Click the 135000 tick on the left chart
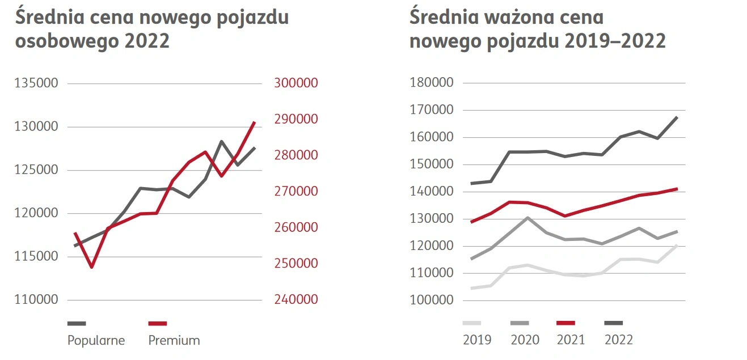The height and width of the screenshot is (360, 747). pyautogui.click(x=36, y=83)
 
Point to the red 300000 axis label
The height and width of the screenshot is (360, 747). pyautogui.click(x=296, y=83)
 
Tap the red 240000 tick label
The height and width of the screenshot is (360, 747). pyautogui.click(x=296, y=300)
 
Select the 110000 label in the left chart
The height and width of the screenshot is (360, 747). pyautogui.click(x=36, y=300)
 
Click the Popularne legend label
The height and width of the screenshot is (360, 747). pyautogui.click(x=96, y=341)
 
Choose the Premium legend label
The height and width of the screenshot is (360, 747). pyautogui.click(x=174, y=341)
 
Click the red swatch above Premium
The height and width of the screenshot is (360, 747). pyautogui.click(x=158, y=323)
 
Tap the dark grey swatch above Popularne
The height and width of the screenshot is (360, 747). pyautogui.click(x=77, y=323)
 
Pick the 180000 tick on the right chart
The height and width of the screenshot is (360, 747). pyautogui.click(x=432, y=83)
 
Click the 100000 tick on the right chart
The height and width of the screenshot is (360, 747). pyautogui.click(x=432, y=300)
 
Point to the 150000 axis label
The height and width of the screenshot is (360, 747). pyautogui.click(x=432, y=164)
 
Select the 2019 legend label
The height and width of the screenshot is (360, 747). pyautogui.click(x=477, y=340)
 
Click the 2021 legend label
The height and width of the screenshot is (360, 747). pyautogui.click(x=571, y=340)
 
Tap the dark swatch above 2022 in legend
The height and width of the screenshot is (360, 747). pyautogui.click(x=613, y=323)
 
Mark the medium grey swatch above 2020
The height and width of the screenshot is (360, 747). pyautogui.click(x=520, y=323)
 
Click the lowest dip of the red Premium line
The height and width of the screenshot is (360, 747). pyautogui.click(x=91, y=267)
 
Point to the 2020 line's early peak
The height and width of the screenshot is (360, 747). pyautogui.click(x=527, y=218)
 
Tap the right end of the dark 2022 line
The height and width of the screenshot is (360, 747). pyautogui.click(x=677, y=117)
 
